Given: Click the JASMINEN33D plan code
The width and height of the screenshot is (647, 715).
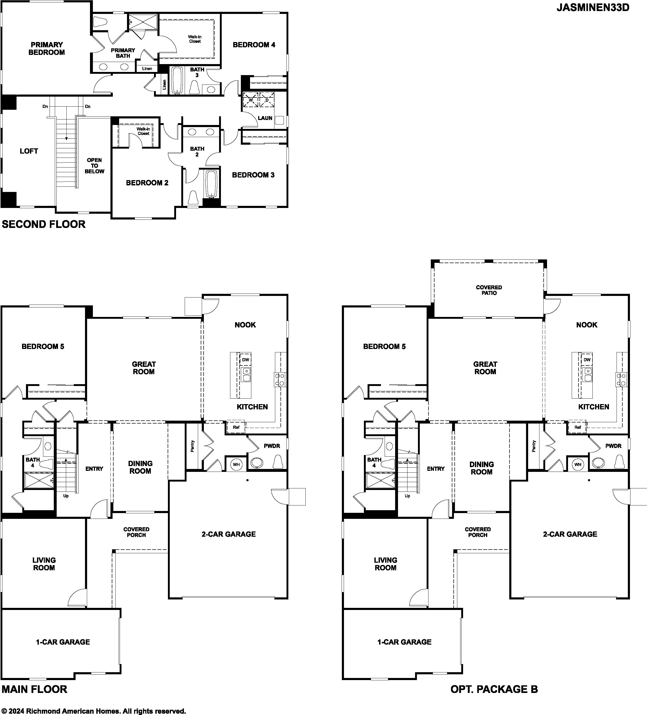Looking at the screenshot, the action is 593,8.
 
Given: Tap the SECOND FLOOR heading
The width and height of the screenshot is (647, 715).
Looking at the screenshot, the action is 44,225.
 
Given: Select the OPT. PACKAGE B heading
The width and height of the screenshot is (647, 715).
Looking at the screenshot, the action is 494,689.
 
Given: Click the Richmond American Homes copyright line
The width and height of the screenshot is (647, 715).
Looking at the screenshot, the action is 94,711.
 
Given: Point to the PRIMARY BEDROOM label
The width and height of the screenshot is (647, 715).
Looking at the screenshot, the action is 47,49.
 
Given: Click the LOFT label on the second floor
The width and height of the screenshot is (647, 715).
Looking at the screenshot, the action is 29,151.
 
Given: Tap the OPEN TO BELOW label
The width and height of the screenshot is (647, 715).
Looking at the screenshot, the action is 94,166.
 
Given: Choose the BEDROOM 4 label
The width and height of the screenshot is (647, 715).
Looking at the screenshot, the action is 254,45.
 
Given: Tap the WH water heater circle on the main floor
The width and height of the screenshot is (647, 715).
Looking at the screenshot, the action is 236,464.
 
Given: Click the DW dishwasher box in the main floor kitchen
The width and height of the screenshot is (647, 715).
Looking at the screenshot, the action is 246,360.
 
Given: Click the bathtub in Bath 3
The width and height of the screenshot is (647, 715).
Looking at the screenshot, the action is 177,81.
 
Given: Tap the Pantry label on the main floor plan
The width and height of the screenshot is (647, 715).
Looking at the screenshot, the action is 192,446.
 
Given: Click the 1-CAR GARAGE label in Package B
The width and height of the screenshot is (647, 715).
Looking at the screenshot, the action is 404,642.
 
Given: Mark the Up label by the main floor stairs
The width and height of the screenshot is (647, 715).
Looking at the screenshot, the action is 66,496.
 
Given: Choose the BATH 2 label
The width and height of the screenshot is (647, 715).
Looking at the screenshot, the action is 197,152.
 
